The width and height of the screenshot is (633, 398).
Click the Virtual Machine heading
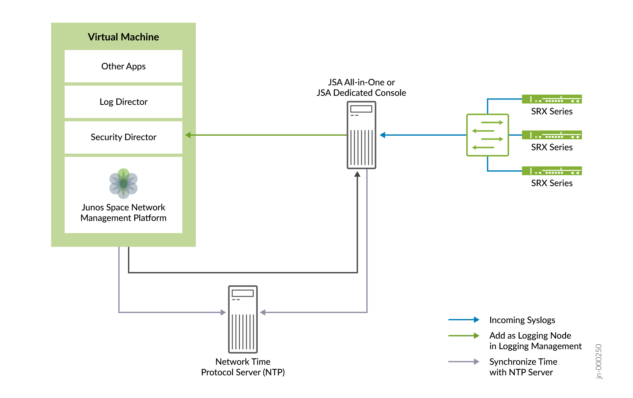123,37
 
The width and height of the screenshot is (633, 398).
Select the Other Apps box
123,66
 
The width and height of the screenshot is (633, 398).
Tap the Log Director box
123,102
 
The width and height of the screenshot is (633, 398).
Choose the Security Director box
123,137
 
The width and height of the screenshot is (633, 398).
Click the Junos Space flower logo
123,183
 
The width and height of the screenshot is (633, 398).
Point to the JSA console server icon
361,135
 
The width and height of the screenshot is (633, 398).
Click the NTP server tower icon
243,319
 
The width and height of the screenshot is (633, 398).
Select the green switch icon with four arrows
487,135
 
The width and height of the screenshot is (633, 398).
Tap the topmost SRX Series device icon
552,99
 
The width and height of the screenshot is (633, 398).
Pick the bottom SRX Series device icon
552,171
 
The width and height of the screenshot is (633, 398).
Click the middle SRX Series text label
552,147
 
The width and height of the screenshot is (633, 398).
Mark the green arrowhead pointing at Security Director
188,135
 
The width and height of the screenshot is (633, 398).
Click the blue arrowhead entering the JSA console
383,135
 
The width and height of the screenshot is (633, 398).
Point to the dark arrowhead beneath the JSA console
357,174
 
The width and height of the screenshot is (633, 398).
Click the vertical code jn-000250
599,361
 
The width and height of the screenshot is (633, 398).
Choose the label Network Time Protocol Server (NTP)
243,367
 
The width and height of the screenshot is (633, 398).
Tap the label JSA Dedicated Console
361,93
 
